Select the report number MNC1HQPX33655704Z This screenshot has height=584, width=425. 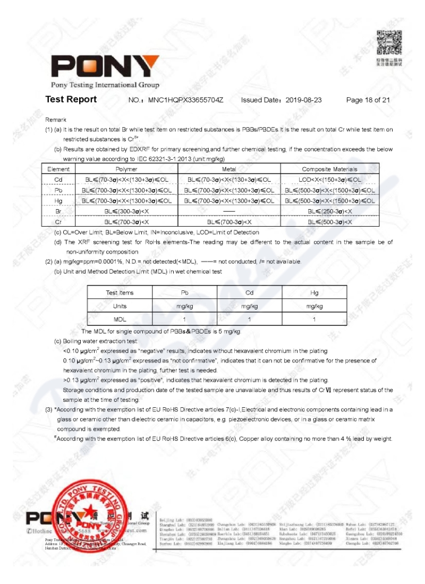click(x=185, y=100)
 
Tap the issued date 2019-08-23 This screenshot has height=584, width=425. click(x=304, y=100)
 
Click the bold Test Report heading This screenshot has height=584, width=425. click(x=71, y=99)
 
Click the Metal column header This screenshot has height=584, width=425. click(x=229, y=169)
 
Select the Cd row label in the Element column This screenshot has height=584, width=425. click(x=58, y=179)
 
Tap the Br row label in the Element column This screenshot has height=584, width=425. click(x=58, y=211)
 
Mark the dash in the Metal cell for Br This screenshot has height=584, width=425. click(x=229, y=211)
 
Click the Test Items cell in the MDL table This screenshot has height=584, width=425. click(x=120, y=293)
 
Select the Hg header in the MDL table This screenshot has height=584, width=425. click(x=314, y=293)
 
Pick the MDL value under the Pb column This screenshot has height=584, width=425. click(x=184, y=319)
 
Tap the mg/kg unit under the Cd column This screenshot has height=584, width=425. click(x=249, y=306)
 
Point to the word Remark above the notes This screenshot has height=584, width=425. click(x=56, y=119)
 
